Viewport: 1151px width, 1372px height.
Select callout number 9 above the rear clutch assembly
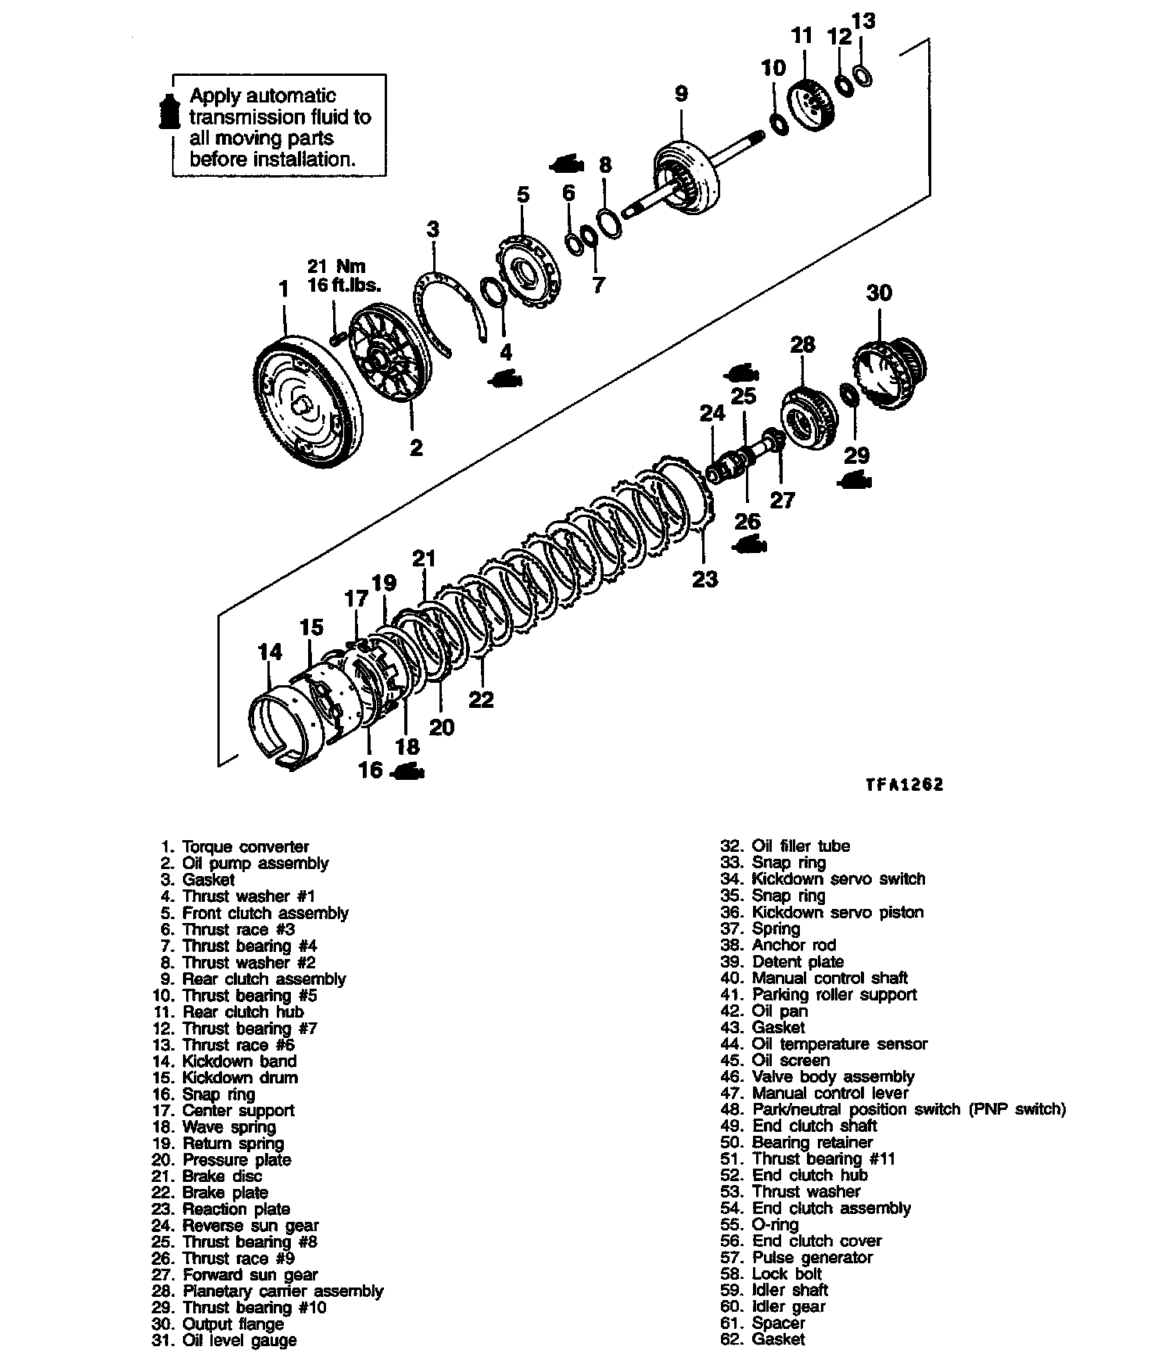coord(681,95)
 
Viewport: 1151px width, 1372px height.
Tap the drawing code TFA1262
coord(904,785)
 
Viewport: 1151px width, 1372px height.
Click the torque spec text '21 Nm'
coord(337,267)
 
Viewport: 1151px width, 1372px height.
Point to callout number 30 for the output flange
coord(879,293)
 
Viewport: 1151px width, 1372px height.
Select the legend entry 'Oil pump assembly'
coord(255,864)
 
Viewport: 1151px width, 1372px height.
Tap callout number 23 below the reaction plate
coord(705,579)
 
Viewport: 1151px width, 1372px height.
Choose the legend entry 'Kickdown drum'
coord(239,1078)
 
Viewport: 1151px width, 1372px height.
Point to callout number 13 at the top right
coord(864,21)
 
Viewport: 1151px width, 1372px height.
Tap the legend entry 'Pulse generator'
coord(812,1257)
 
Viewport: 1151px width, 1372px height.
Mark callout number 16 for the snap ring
coord(370,770)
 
